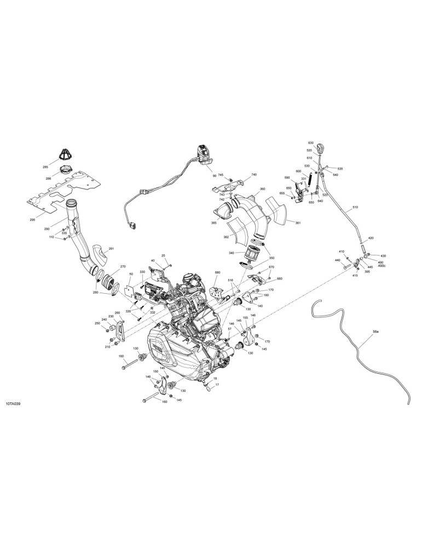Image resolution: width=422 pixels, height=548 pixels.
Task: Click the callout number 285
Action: coord(45,167)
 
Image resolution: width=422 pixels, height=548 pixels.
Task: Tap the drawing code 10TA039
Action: coord(14,404)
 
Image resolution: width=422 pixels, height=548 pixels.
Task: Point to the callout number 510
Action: coord(355,207)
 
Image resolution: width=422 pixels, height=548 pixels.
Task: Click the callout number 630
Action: coord(311,143)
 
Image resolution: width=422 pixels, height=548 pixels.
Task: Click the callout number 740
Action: coord(254,175)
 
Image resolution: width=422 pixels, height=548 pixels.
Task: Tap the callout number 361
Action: coord(298,222)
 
